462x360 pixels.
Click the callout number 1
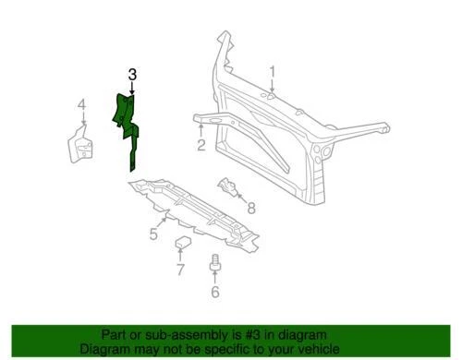click(273, 71)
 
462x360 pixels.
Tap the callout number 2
click(201, 145)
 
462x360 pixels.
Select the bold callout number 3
click(132, 74)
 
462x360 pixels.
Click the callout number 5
click(153, 234)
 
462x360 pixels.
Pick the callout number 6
click(215, 294)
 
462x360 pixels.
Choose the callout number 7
click(180, 270)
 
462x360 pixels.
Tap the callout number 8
click(250, 210)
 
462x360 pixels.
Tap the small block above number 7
click(182, 245)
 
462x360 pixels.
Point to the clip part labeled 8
click(230, 189)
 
